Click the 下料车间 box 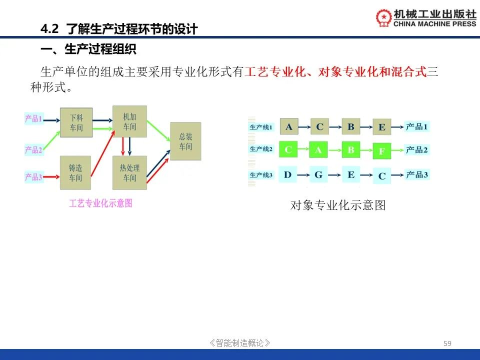(76, 122)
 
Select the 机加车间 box (130, 121)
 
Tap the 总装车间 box (185, 141)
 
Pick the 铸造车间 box (75, 172)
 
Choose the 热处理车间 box (130, 172)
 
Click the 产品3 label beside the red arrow (33, 177)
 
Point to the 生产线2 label (261, 149)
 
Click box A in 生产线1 (289, 126)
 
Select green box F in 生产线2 (381, 151)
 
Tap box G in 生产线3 (318, 175)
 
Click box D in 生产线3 (288, 175)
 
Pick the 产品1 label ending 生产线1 (416, 126)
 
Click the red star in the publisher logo (384, 16)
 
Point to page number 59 (447, 343)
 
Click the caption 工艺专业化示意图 (100, 203)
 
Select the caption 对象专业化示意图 (337, 205)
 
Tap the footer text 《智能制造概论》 (239, 343)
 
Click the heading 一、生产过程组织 (88, 49)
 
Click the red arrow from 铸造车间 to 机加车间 (103, 153)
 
